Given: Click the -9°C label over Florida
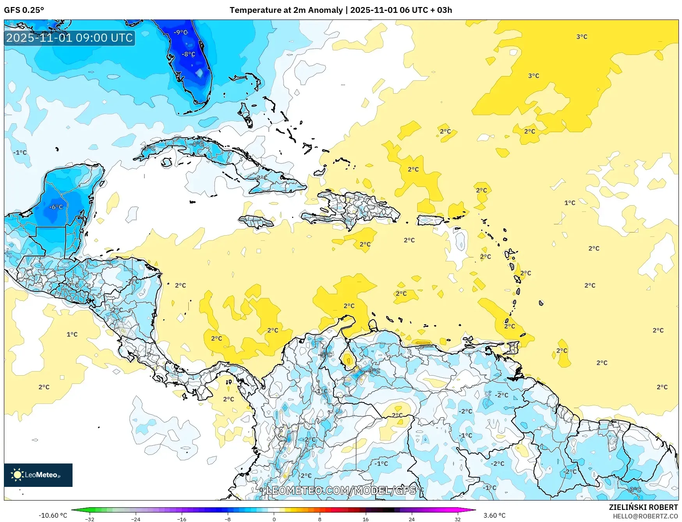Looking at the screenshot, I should (181, 32).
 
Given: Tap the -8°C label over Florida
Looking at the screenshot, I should (188, 54).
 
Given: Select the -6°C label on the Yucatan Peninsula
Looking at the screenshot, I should (56, 207).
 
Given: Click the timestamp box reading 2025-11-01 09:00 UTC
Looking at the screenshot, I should (69, 38).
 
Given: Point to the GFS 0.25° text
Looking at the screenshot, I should (24, 10).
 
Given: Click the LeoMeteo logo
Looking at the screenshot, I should (38, 475).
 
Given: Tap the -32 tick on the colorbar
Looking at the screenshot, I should (90, 519).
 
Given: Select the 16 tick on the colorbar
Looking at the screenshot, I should (365, 519).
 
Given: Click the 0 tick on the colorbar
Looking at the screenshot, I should (274, 519).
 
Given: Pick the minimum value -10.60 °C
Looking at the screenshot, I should (53, 515).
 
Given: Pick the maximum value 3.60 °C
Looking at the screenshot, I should (494, 515).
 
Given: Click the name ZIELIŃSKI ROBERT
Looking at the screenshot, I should (643, 507).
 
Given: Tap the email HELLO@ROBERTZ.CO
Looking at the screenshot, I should (645, 516).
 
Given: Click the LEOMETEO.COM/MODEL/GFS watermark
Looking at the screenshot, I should (341, 490).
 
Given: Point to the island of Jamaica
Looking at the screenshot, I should (256, 222).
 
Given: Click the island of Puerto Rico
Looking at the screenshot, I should (430, 220).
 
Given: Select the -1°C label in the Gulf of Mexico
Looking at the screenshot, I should (20, 153).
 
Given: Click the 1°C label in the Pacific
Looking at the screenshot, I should (72, 334).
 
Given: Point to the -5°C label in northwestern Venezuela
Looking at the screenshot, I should (326, 355).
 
